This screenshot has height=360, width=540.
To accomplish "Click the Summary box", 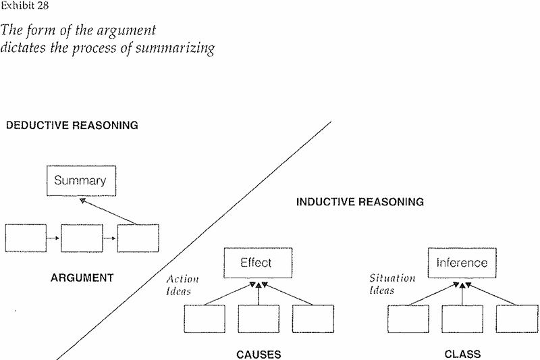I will [80, 181].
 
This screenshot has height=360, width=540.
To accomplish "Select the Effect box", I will [255, 262].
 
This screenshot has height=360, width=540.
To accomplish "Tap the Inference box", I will [462, 262].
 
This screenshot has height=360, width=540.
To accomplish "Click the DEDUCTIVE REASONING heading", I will [72, 125].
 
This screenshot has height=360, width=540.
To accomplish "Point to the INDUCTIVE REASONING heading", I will [360, 201].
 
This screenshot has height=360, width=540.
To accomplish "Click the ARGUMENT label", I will [82, 277].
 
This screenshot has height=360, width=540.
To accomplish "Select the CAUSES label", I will [259, 354].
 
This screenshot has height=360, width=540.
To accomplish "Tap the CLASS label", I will [462, 354].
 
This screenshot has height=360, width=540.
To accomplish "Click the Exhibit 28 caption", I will [22, 7].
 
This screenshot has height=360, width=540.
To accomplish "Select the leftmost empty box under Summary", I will [26, 238].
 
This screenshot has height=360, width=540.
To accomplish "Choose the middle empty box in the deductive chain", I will [81, 238].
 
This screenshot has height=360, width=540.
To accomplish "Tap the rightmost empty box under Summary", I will [138, 238].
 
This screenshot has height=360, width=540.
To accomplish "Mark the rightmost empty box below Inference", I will [516, 319].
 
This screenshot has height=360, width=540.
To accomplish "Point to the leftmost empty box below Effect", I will [204, 319].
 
